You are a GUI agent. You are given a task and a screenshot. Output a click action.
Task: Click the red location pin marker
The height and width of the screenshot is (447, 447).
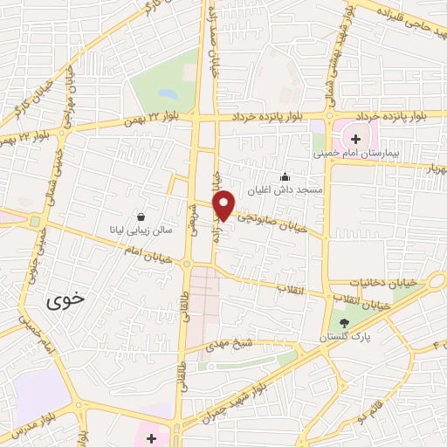(x=224, y=204)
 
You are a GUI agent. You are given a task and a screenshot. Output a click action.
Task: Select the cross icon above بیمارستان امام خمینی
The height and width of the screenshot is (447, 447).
(x=355, y=138)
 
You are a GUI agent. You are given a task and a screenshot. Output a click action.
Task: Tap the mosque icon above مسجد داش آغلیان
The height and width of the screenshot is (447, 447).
(x=284, y=175)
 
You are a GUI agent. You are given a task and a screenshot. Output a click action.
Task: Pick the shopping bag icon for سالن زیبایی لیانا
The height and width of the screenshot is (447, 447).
(x=141, y=217)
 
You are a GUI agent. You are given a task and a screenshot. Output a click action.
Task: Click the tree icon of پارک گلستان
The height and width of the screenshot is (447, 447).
(x=343, y=323)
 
